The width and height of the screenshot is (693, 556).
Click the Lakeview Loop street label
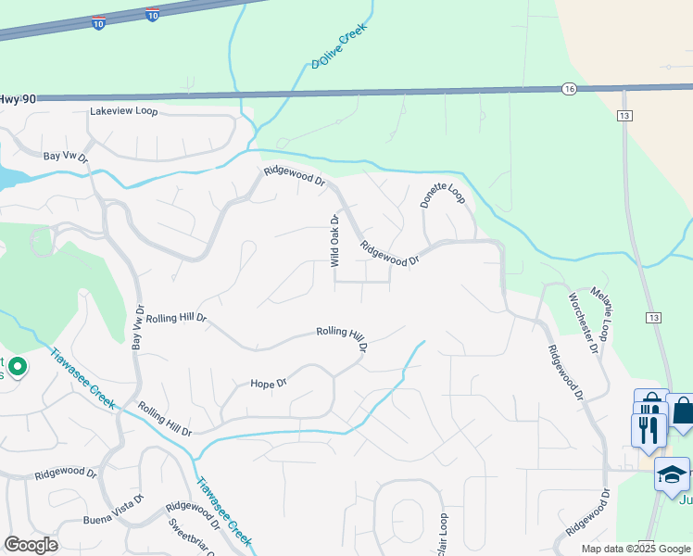124,111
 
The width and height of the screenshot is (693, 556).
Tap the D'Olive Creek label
339,45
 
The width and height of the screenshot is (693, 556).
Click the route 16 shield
568,88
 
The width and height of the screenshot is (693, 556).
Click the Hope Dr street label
270,383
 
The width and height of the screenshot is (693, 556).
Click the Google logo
31,545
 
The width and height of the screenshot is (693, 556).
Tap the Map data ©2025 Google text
636,549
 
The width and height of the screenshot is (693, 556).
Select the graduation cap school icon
672,474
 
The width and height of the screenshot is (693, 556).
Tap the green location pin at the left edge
17,368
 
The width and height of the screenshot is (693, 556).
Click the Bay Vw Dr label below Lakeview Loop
65,156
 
